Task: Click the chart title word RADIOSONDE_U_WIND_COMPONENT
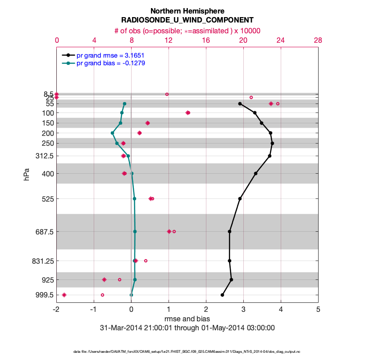coord(187,20)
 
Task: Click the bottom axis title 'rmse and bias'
coord(187,319)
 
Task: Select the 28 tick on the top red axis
coord(318,40)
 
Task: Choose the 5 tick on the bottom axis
coord(318,309)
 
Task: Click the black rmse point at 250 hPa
coord(272,144)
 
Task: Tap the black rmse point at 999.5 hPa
coord(223,295)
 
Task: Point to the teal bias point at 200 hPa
coord(113,133)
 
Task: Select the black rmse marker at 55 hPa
coord(240,104)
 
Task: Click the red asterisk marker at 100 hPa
coord(188,112)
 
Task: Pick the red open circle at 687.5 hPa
coord(174,232)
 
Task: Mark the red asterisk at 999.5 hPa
coord(64,295)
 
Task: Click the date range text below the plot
coord(187,328)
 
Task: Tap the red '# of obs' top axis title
coord(187,31)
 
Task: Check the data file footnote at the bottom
coord(187,351)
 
